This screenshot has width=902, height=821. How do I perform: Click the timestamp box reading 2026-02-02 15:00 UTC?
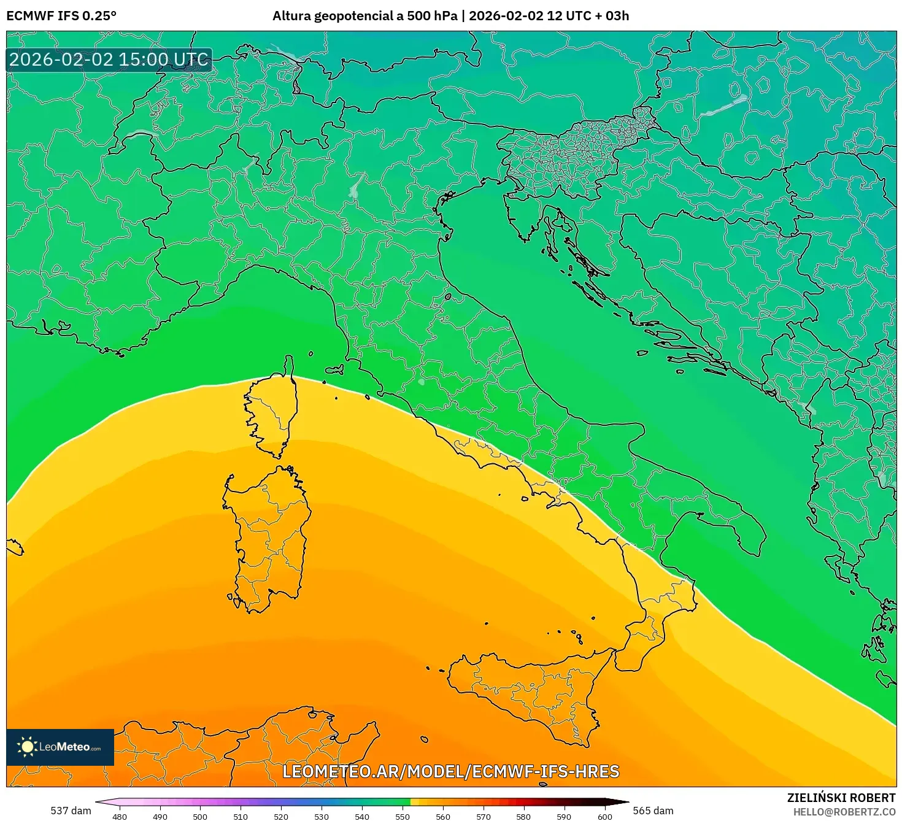tap(109, 60)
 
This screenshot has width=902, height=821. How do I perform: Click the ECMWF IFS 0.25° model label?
tap(61, 16)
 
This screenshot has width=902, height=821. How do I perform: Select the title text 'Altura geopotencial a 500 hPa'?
tap(364, 16)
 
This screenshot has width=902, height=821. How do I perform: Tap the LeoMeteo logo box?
tap(60, 747)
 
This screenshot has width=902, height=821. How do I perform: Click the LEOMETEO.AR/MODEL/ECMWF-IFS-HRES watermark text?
tap(451, 771)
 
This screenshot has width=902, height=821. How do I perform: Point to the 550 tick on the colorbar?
tap(403, 802)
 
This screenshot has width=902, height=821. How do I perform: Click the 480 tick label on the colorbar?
tap(120, 817)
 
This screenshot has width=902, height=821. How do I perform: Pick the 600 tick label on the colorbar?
tap(605, 817)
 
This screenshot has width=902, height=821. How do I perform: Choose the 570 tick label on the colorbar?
tap(484, 817)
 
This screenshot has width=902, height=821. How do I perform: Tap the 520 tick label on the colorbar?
tap(281, 817)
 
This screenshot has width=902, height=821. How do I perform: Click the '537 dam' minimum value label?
tap(71, 811)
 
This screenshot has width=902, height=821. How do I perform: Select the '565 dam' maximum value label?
tap(653, 811)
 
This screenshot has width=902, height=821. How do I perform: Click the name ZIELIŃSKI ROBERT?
tap(841, 798)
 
